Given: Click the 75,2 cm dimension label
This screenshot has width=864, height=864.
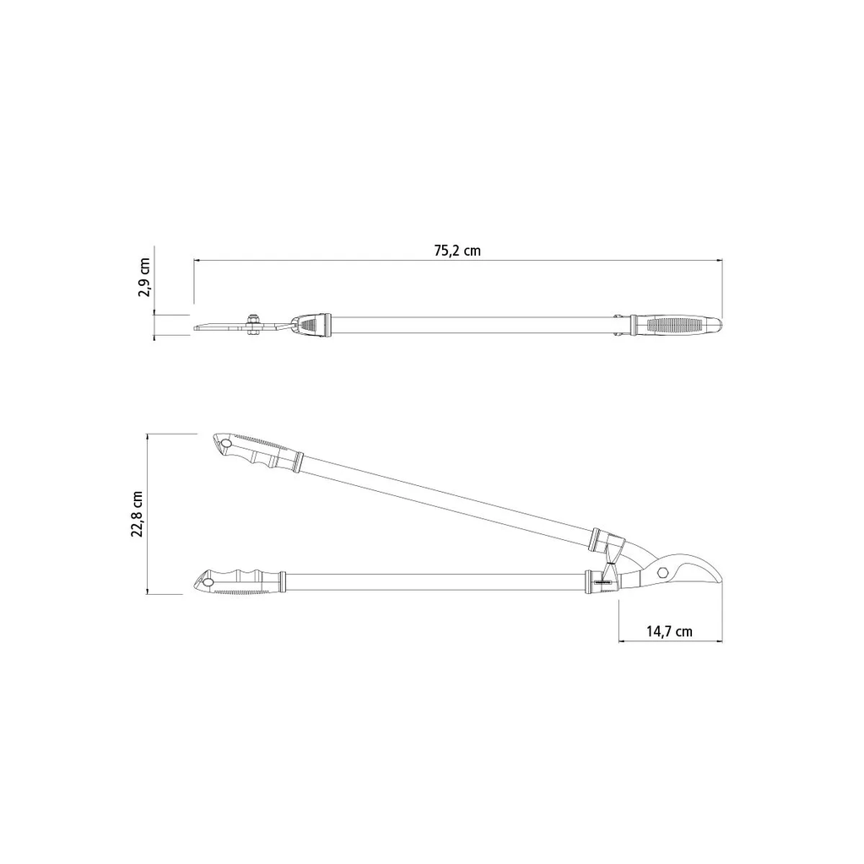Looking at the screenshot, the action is [x=456, y=251].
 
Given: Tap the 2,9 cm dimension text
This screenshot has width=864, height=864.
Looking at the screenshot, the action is [x=143, y=277].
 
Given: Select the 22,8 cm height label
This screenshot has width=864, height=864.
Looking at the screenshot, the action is [x=138, y=514].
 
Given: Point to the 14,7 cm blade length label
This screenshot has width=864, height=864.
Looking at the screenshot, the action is [x=669, y=631].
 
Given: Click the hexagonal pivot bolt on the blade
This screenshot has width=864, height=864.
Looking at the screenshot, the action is [x=663, y=571].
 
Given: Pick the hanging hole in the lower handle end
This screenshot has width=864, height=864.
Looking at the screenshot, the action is [x=208, y=582].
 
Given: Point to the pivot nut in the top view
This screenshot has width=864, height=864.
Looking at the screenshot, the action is [x=253, y=323].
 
